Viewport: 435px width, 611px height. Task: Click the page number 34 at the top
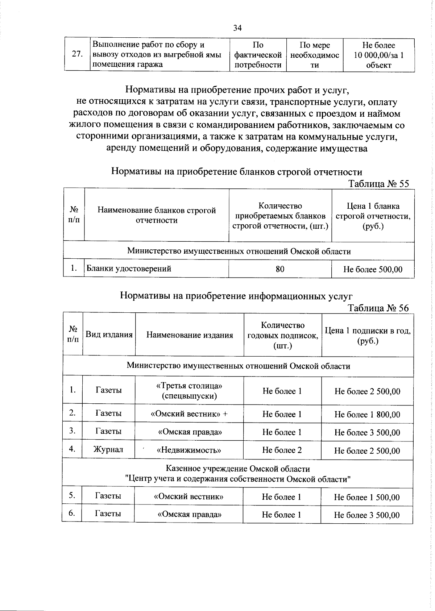[x=237, y=28]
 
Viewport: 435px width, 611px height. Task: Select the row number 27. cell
[x=77, y=54]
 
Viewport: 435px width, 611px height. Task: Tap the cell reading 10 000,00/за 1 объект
[x=378, y=55]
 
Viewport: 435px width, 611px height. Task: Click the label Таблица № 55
[x=378, y=184]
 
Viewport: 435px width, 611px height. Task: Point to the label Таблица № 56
[x=378, y=308]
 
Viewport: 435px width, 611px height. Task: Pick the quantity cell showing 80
[x=280, y=269]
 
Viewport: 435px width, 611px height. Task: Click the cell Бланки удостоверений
[x=128, y=269]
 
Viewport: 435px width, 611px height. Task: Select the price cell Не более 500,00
[x=373, y=270]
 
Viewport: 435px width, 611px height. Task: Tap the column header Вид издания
[x=109, y=334]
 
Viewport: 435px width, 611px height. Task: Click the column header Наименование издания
[x=189, y=335]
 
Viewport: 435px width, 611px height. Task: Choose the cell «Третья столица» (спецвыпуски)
[x=189, y=391]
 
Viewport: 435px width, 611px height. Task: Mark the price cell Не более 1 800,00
[x=367, y=415]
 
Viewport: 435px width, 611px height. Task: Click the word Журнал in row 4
[x=108, y=450]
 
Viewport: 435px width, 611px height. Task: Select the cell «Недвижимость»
[x=189, y=450]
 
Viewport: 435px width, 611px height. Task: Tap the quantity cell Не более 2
[x=282, y=450]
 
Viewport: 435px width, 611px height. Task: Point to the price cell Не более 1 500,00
[x=367, y=498]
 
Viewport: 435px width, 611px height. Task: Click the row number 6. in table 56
[x=72, y=513]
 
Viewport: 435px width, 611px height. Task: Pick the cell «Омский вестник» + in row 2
[x=189, y=414]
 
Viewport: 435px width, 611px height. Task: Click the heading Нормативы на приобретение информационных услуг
[x=236, y=296]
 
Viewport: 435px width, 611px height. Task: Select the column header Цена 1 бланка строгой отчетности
[x=373, y=216]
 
